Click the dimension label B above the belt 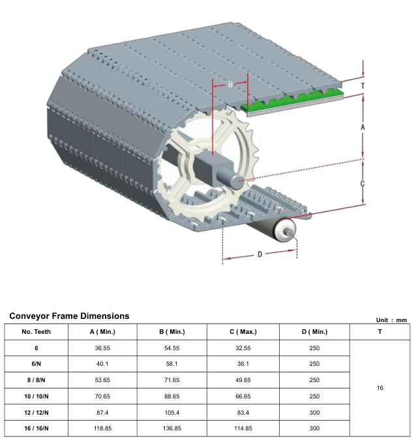click(230, 85)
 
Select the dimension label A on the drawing click(362, 128)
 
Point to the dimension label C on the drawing click(362, 184)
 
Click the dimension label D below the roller click(259, 254)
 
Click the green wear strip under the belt click(293, 99)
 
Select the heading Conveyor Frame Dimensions click(69, 316)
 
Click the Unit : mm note click(391, 320)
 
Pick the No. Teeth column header click(37, 332)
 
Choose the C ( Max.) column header click(243, 332)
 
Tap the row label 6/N click(37, 364)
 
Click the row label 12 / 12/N click(37, 412)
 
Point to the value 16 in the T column click(380, 388)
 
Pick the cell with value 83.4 click(243, 412)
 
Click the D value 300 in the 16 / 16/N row click(314, 428)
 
